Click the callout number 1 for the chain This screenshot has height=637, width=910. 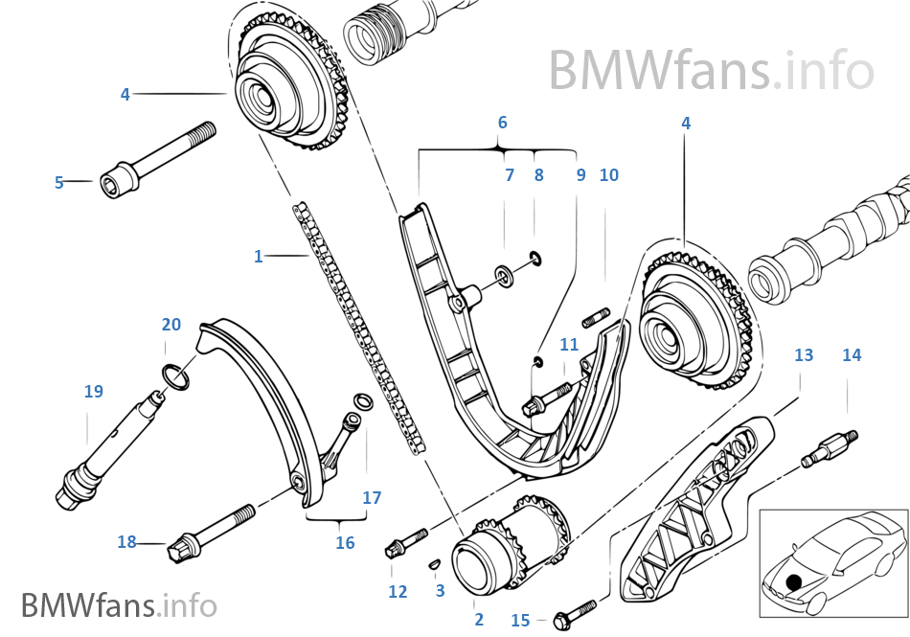tap(258, 257)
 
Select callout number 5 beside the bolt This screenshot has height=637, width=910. tap(58, 182)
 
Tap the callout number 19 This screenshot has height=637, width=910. tap(93, 391)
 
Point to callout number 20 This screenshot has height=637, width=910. tap(171, 325)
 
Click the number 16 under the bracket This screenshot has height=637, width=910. tap(345, 543)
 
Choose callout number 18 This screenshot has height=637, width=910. tap(126, 542)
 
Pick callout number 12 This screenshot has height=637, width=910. tap(398, 592)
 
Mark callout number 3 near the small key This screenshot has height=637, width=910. tap(440, 591)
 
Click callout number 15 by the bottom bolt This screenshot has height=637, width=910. tap(520, 621)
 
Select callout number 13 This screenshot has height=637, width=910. tap(804, 355)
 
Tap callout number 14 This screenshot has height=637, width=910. tap(852, 355)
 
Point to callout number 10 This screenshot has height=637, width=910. tap(609, 175)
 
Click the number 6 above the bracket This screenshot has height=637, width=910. tap(502, 123)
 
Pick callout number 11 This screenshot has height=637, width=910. tap(569, 345)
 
